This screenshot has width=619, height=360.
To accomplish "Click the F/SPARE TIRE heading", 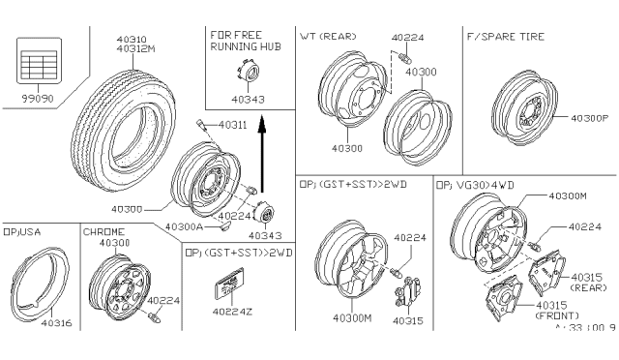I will [504, 37].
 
